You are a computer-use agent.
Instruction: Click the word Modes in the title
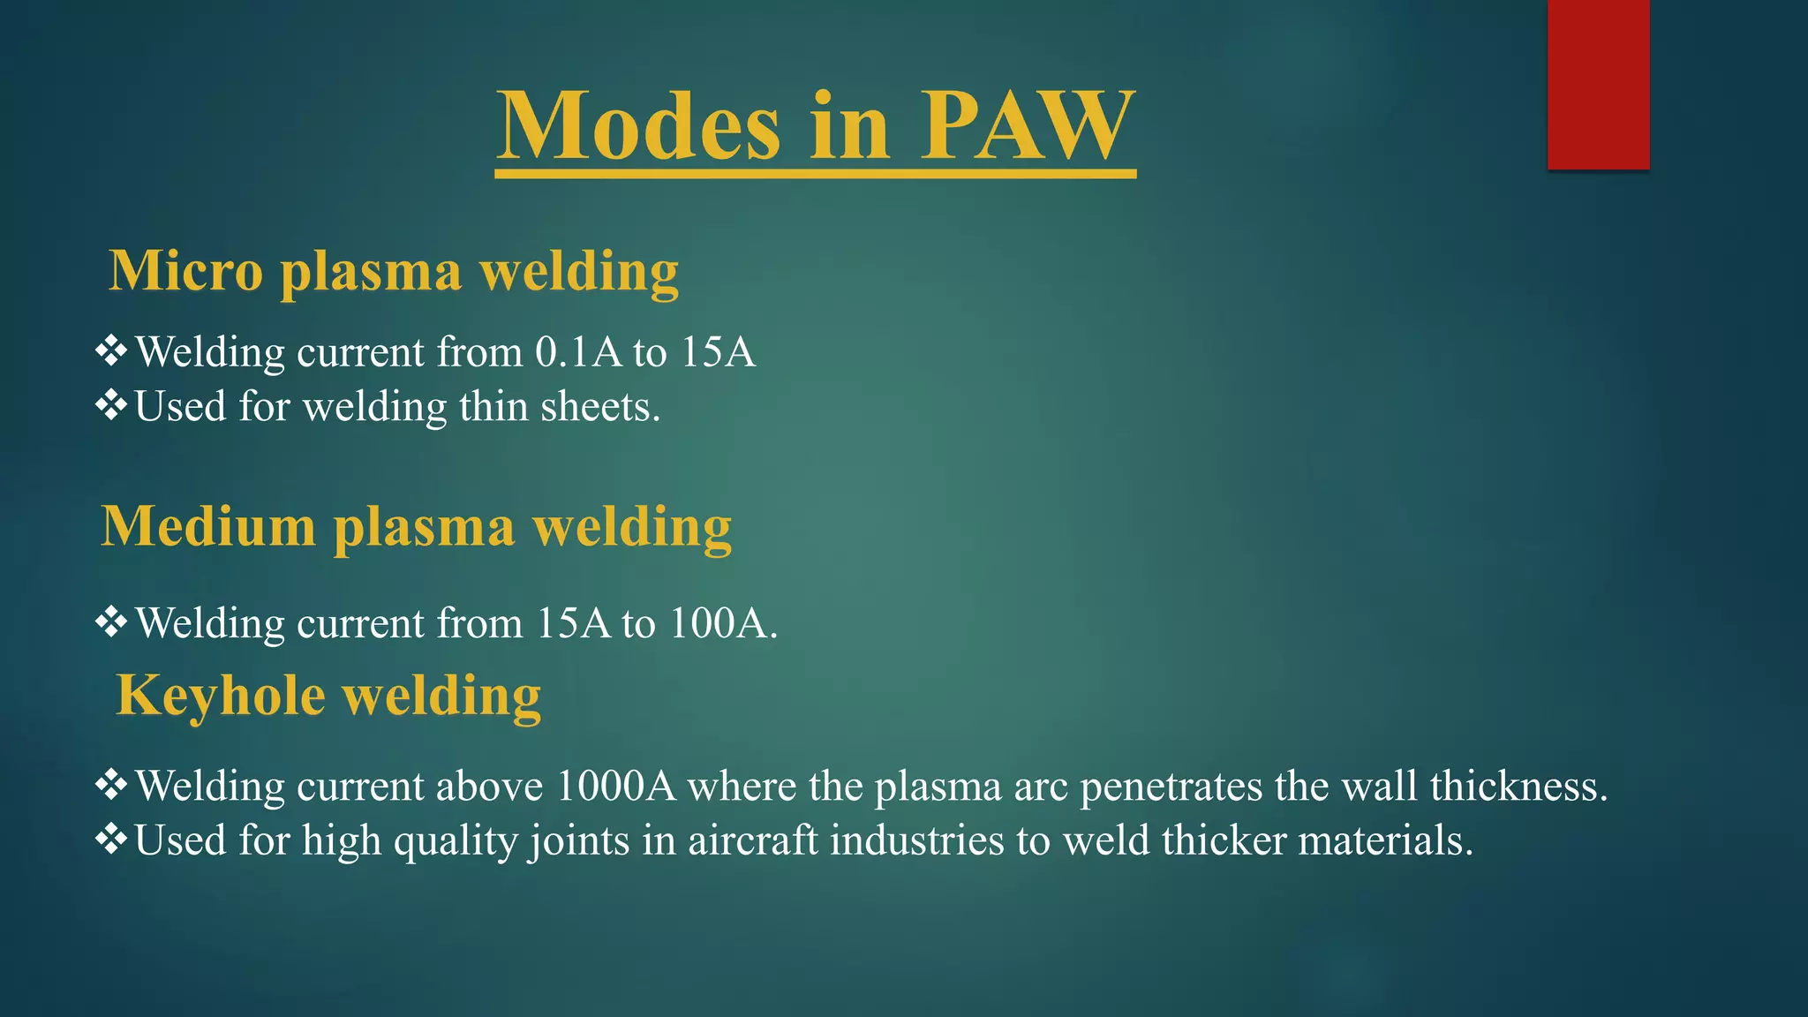point(639,125)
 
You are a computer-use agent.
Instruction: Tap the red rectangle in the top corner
point(1598,84)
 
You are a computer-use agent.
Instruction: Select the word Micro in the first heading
point(186,270)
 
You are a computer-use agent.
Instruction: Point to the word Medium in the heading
point(208,526)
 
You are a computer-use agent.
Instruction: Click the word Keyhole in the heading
point(221,695)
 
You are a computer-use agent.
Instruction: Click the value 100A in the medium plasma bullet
point(719,623)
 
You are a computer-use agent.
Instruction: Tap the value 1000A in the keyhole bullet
point(616,786)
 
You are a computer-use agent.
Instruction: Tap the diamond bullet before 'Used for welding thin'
point(111,406)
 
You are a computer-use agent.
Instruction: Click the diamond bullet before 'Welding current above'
point(111,785)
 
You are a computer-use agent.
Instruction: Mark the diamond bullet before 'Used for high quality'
point(111,839)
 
